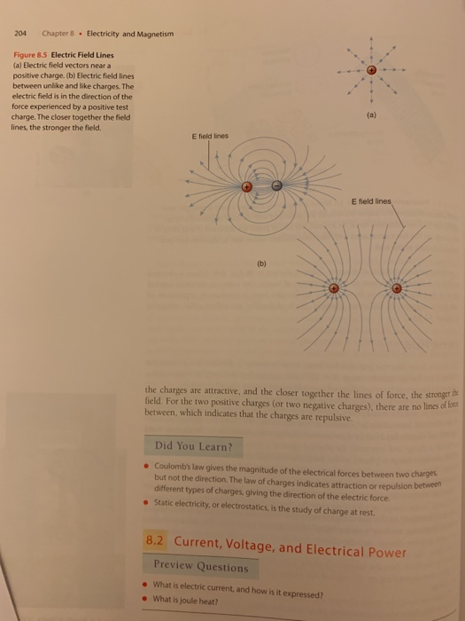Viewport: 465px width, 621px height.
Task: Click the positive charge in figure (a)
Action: [372, 70]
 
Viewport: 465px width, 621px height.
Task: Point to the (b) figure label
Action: [262, 263]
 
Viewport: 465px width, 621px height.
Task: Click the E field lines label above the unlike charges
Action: [210, 136]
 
